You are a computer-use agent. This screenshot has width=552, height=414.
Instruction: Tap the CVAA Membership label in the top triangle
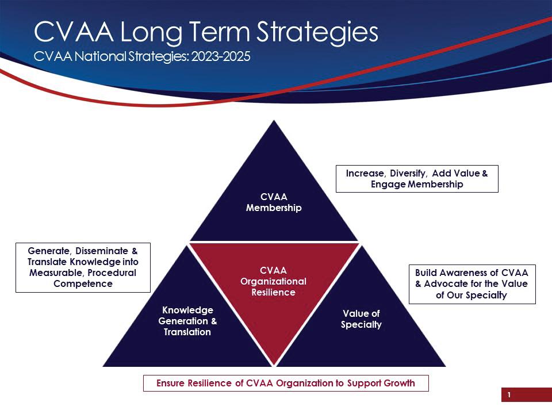point(274,202)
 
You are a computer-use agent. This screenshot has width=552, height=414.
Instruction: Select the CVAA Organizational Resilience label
point(274,281)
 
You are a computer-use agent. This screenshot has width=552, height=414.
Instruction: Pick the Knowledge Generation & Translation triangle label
point(187,321)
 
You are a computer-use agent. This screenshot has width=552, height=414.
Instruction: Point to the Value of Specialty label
point(361,319)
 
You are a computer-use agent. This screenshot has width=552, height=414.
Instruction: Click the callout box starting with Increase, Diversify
point(417,179)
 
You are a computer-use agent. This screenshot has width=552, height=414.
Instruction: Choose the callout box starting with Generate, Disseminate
point(83,267)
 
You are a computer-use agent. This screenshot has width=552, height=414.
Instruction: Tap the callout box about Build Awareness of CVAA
point(471,283)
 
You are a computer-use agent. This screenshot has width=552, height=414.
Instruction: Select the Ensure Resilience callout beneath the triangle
point(286,383)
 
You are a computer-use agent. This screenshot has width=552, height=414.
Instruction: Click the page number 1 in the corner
point(509,395)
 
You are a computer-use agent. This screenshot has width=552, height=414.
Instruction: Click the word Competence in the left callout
point(83,283)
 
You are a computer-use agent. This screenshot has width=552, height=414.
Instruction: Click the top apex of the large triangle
point(274,121)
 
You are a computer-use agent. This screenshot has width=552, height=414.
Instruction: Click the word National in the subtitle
point(92,57)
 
